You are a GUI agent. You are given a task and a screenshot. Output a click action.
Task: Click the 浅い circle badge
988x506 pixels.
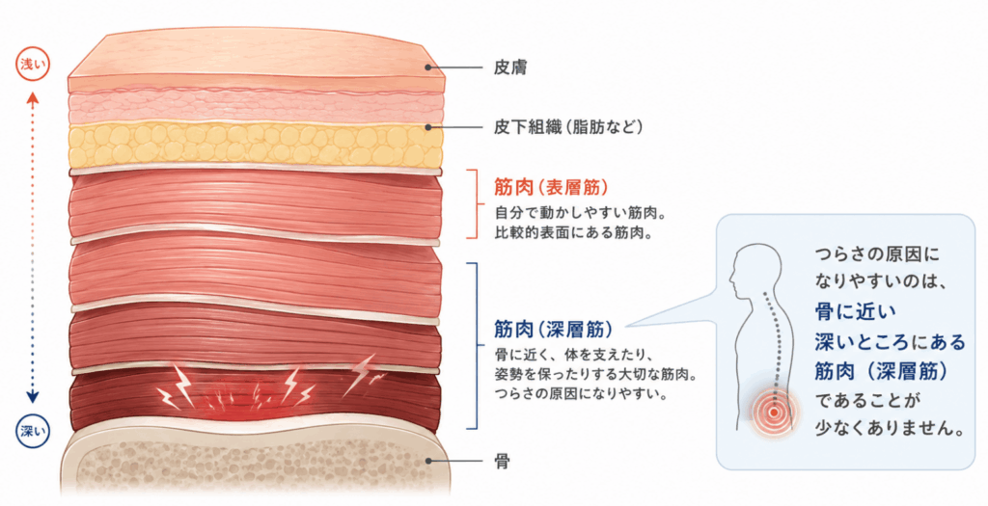33,65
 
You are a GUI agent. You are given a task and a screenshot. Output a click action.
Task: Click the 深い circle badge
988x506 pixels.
33,432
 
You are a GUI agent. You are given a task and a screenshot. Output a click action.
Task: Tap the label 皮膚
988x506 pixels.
510,67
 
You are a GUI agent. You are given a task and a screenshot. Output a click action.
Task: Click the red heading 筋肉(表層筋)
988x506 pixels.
551,188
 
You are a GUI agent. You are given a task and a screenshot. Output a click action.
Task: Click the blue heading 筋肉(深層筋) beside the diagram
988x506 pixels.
553,329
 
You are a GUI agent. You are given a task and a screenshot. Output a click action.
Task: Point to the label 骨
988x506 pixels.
502,462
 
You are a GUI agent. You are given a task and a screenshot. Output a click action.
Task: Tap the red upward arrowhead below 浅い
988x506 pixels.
33,98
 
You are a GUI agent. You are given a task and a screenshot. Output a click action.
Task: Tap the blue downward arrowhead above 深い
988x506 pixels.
33,397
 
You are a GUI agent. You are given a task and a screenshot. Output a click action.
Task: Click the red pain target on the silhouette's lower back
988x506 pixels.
774,413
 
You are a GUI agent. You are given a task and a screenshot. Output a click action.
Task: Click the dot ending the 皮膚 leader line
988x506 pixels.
429,67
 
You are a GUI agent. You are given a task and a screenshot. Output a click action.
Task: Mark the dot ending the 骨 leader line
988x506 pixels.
428,461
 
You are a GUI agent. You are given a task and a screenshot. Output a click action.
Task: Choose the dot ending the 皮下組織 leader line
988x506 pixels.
428,127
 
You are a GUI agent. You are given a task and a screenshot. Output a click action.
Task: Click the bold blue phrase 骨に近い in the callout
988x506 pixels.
855,311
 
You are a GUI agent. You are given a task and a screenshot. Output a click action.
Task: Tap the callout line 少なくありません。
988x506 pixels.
891,429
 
